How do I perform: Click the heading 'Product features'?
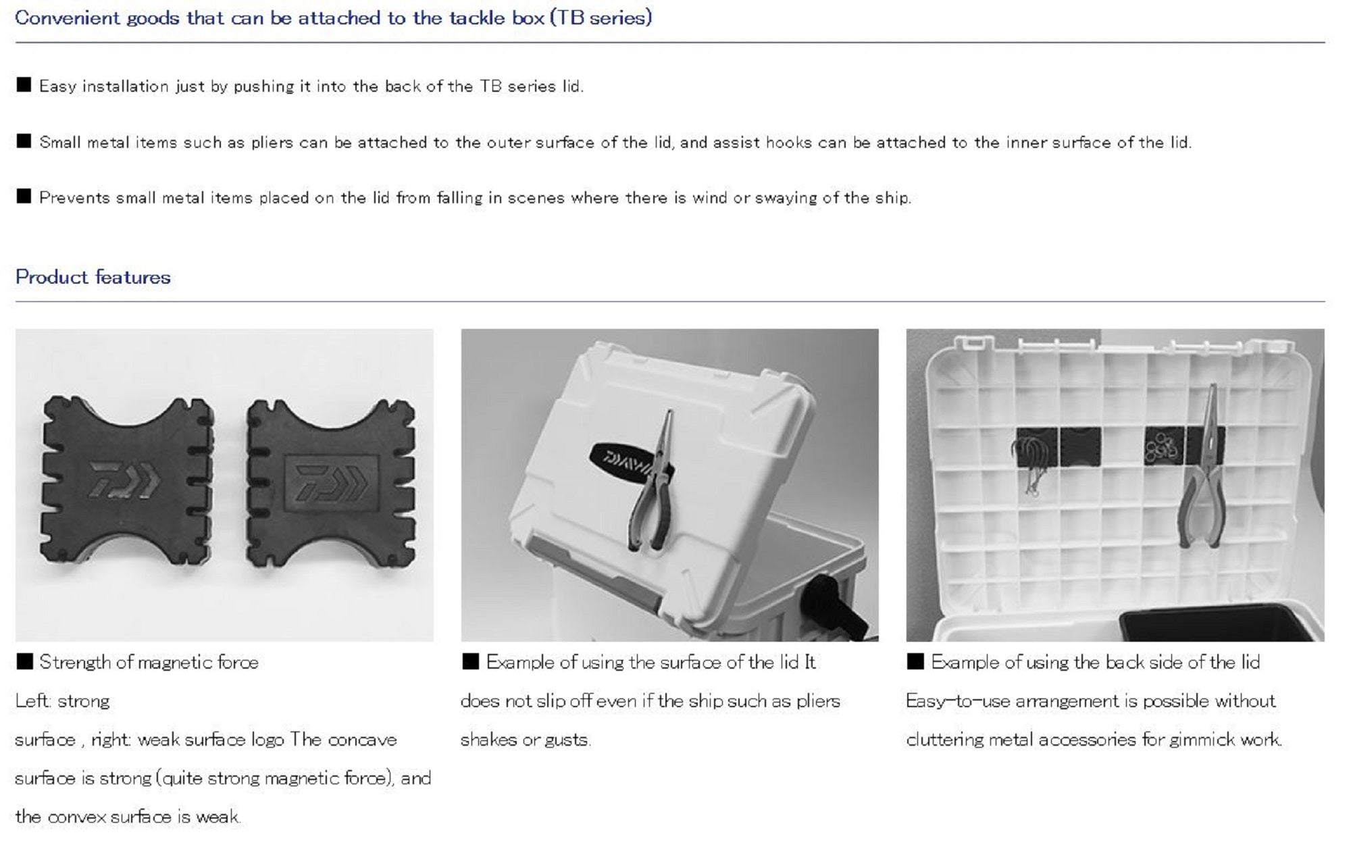[x=93, y=277]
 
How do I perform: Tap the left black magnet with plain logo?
[x=128, y=480]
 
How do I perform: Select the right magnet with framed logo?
[x=330, y=482]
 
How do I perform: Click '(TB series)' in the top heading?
[x=601, y=18]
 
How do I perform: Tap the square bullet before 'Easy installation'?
[x=24, y=85]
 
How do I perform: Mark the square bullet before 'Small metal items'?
[x=24, y=141]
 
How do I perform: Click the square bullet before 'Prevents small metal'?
[x=24, y=197]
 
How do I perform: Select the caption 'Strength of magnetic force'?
[x=149, y=662]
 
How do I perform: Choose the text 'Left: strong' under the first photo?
[x=62, y=701]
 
